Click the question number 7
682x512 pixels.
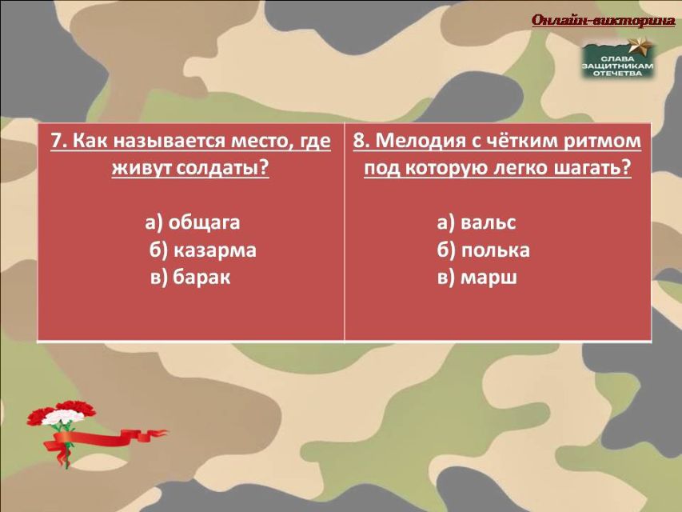(x=58, y=141)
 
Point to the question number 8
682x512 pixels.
(x=361, y=141)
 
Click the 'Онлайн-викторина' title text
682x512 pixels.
(x=604, y=20)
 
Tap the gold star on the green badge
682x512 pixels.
(x=641, y=46)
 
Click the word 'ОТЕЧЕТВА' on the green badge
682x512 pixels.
(x=617, y=73)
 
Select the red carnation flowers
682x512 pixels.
(x=61, y=414)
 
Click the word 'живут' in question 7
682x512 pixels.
(x=142, y=169)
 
